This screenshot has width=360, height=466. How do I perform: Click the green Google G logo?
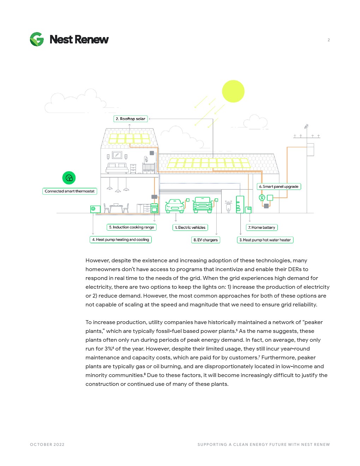[37, 39]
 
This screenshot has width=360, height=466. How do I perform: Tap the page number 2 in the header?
[329, 40]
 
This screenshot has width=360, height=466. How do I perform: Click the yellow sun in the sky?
[233, 91]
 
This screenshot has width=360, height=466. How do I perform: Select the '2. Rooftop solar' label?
[130, 119]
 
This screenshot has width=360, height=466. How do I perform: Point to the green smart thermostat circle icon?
[69, 178]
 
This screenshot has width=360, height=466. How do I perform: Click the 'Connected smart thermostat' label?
[70, 191]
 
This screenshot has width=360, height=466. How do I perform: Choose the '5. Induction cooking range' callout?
[131, 227]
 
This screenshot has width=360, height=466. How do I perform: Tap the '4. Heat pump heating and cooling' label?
[120, 240]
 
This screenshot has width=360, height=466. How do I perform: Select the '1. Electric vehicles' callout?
[190, 227]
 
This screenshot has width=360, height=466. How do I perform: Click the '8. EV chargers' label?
[205, 240]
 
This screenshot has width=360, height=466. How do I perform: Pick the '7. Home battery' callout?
[262, 227]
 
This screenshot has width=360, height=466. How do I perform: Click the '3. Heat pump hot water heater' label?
[265, 240]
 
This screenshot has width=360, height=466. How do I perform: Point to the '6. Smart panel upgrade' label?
[279, 186]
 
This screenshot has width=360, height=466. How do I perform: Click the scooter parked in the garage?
[228, 206]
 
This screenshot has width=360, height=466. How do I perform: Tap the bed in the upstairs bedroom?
[117, 168]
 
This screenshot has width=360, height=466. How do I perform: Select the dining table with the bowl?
[116, 208]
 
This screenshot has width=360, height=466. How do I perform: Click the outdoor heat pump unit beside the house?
[95, 209]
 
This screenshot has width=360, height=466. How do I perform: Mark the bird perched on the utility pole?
[306, 126]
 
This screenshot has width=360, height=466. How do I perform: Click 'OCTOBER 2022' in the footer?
[47, 444]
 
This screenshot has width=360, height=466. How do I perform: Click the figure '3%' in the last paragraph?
[108, 349]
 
